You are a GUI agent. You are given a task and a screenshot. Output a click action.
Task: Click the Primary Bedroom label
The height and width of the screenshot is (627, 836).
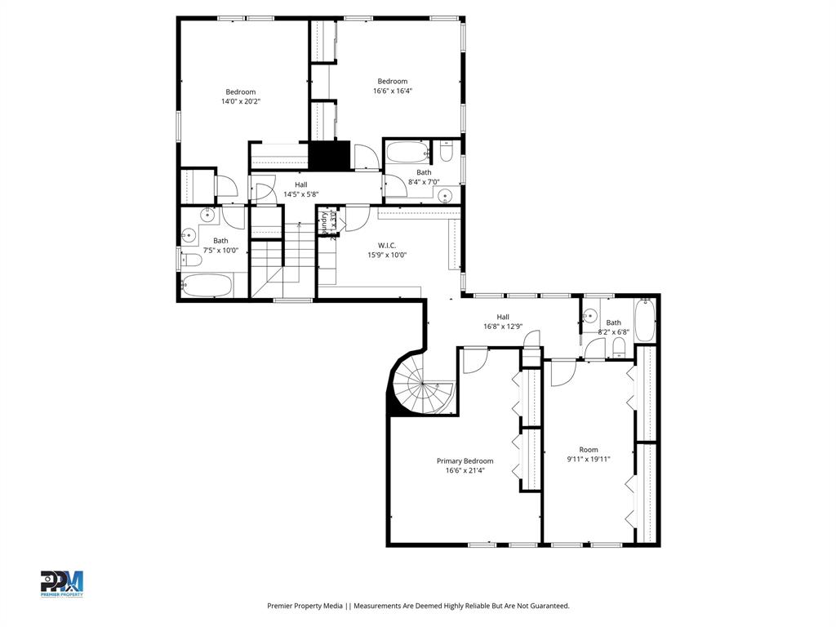[469, 460]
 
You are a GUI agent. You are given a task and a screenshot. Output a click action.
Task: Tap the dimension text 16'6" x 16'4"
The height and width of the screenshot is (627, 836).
[392, 91]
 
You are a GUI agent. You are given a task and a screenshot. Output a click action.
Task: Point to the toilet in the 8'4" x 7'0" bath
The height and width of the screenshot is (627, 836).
[447, 152]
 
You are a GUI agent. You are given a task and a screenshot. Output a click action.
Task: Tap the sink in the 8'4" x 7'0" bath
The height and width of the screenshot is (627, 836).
[444, 194]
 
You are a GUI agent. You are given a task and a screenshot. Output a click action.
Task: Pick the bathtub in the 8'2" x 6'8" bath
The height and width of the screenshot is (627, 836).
[646, 322]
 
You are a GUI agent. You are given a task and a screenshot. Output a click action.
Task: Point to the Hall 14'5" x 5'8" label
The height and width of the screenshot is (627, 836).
[300, 189]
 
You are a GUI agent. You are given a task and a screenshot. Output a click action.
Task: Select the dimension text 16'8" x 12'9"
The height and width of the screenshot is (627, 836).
[503, 327]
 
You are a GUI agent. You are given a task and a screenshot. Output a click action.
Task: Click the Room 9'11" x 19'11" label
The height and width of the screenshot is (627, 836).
[589, 455]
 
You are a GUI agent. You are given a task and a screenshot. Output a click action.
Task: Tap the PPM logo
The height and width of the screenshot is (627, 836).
[62, 583]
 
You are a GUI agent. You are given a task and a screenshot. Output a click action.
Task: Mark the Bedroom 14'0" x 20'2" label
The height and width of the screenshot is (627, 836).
[240, 96]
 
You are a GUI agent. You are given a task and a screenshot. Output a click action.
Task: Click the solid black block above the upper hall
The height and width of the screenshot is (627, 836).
[329, 156]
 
